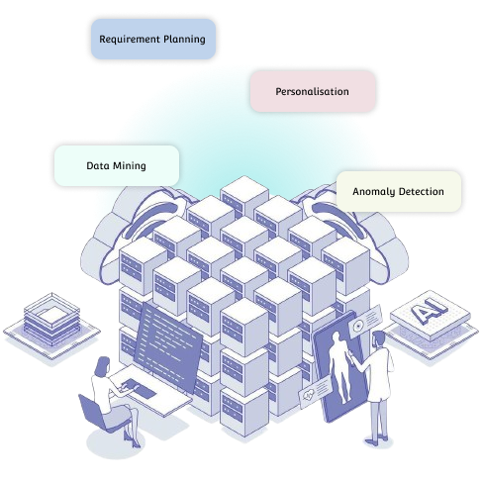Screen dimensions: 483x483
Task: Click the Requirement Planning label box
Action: coord(153,39)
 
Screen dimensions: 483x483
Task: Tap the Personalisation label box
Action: coord(313,91)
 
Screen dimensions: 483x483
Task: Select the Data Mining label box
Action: coord(117,165)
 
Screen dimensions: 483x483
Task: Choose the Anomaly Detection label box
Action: coord(399,191)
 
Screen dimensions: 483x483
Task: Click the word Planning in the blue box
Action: coord(184,40)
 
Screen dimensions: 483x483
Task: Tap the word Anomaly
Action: coord(373,192)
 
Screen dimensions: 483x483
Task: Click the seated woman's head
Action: coord(103,365)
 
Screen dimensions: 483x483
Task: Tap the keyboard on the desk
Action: coord(139,388)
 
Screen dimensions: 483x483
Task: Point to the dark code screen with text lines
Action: coord(168,347)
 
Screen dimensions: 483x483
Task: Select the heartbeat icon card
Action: coord(315,392)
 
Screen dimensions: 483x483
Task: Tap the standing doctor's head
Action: coord(379,339)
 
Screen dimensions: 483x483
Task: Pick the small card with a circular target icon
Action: coord(365,321)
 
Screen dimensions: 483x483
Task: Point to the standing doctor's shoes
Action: coord(378,440)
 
